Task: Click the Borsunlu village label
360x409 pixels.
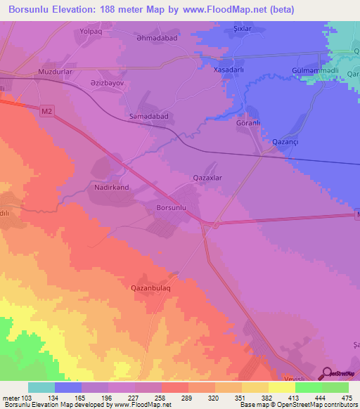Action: coord(169,209)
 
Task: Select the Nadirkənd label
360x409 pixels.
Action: coord(109,188)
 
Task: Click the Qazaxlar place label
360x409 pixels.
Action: coord(207,178)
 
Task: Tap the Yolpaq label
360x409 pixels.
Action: coord(92,32)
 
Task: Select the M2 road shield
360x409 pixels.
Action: coord(46,111)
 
